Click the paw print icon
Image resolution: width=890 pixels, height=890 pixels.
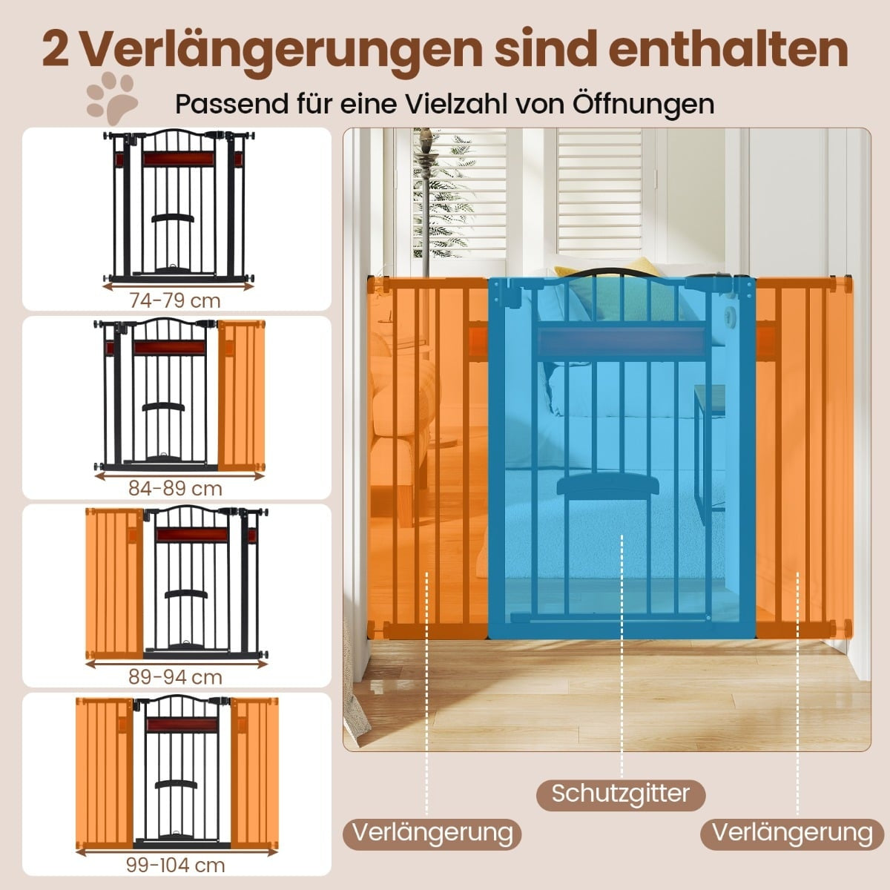tap(112, 97)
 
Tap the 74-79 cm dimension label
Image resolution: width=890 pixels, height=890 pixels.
tap(175, 301)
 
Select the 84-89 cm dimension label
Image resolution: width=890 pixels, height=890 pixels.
tap(176, 489)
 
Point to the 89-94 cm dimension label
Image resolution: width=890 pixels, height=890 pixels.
tap(176, 677)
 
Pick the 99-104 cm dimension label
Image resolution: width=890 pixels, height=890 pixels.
tap(176, 865)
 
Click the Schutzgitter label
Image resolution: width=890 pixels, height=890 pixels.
tap(621, 755)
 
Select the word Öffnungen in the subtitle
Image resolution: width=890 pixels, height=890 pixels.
tap(645, 104)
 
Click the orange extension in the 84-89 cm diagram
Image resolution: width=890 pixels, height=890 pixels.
tap(241, 395)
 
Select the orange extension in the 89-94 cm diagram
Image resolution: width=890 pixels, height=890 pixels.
tap(114, 584)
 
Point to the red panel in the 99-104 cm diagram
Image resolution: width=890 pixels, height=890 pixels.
tap(182, 725)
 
